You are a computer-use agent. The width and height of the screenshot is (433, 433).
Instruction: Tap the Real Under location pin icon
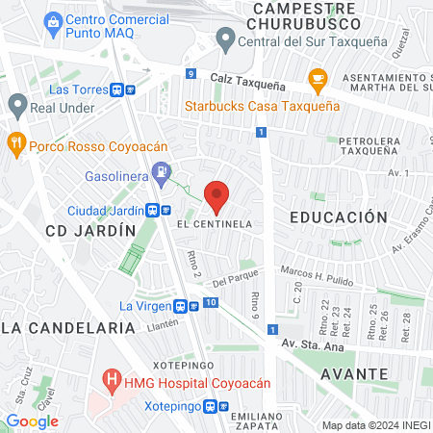pos(16,104)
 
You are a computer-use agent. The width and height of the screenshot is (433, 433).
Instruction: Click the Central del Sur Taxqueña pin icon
pos(226,39)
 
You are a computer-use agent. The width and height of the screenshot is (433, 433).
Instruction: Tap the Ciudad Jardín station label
pos(105,211)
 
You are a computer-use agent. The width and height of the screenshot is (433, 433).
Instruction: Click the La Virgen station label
pos(143,306)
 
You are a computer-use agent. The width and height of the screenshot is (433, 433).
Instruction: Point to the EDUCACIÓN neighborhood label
pos(338,217)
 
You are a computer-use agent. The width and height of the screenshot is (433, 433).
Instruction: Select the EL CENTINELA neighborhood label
pos(215,223)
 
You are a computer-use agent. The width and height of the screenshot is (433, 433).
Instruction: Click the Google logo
pos(32,420)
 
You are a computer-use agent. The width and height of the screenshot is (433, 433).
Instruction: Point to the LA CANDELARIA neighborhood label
pos(66,328)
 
